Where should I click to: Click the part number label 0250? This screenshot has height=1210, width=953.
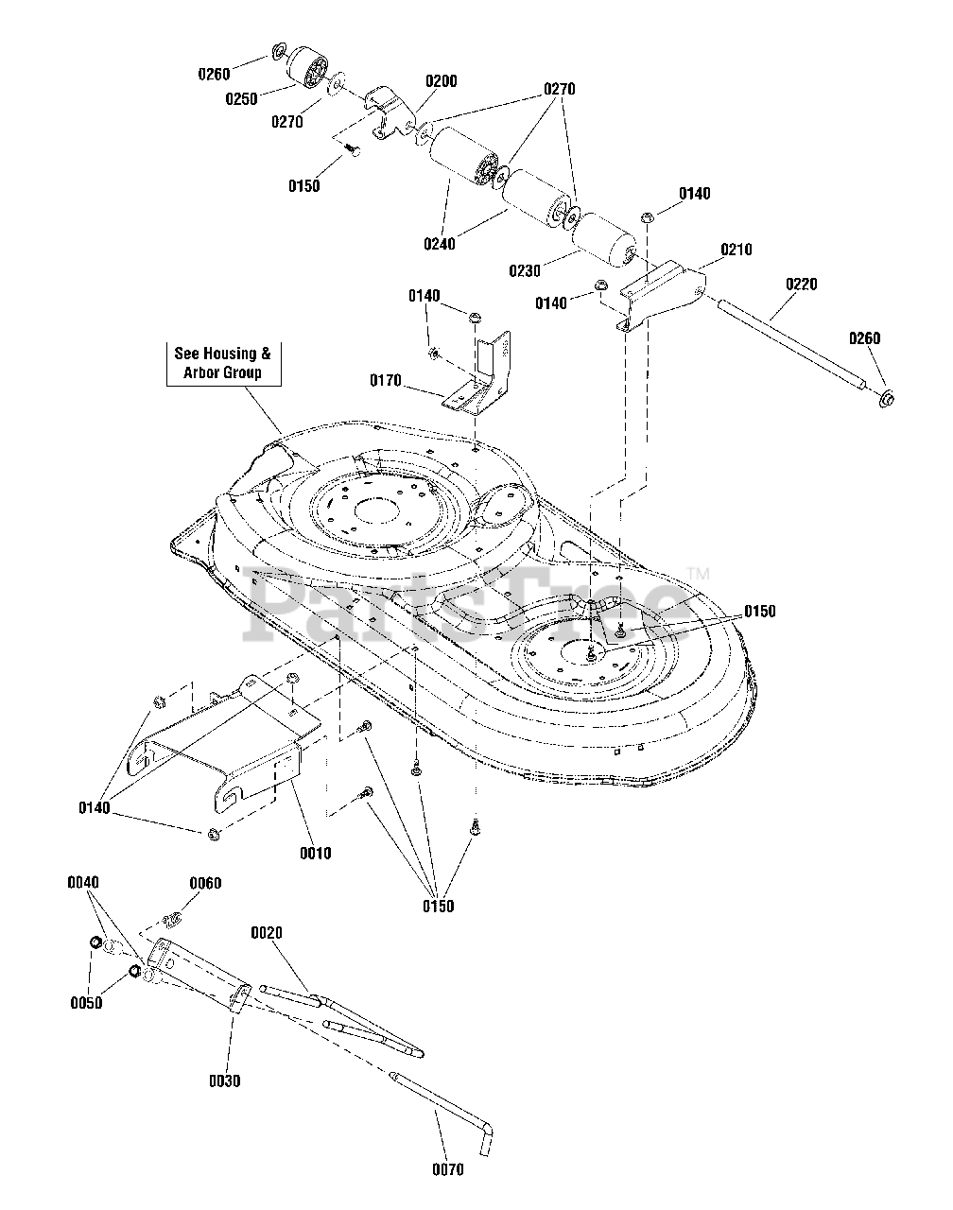(241, 99)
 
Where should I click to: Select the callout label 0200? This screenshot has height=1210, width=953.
(442, 81)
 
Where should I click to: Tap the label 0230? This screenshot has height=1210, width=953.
(525, 271)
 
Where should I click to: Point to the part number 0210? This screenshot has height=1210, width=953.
(736, 249)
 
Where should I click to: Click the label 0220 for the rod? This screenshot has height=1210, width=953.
(802, 284)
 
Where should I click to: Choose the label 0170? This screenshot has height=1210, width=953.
(386, 381)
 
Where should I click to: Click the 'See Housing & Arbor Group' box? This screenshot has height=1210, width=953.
(223, 363)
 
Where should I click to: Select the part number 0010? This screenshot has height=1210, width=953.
(316, 853)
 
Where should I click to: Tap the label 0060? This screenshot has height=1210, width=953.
(205, 883)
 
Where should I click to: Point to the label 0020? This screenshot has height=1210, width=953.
(267, 933)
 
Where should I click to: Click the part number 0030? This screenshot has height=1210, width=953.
(224, 1080)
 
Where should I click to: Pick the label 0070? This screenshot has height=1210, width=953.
(448, 1170)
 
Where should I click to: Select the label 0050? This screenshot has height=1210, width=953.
(86, 1003)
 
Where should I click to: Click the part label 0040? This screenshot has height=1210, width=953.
(83, 882)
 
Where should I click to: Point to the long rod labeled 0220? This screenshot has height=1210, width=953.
(794, 343)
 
